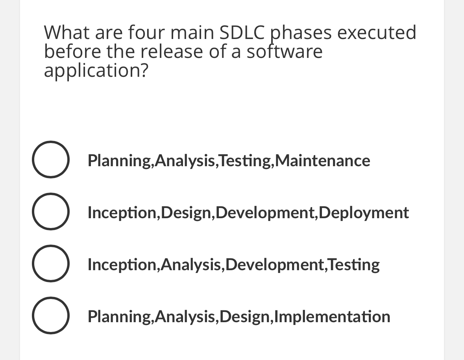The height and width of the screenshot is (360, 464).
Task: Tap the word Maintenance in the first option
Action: (x=325, y=161)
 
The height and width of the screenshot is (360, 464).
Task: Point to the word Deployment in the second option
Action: (x=364, y=213)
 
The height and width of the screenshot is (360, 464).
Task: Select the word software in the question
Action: (x=284, y=52)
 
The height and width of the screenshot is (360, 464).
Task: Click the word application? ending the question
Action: (x=96, y=71)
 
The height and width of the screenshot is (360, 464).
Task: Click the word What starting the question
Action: (x=66, y=33)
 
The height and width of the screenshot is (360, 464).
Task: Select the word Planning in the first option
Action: (x=119, y=161)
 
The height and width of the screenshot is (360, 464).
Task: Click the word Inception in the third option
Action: (x=122, y=265)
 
